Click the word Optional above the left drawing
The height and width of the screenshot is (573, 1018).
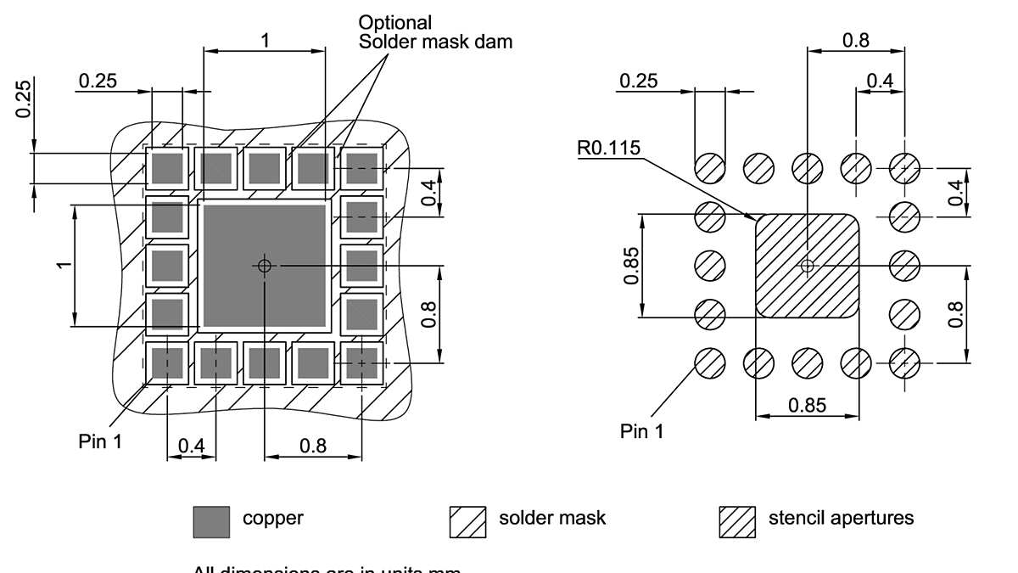395,23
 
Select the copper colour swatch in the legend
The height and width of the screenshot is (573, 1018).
211,522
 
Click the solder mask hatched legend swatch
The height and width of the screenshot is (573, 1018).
467,522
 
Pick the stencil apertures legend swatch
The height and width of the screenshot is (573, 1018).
737,522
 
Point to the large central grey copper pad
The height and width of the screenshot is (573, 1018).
265,266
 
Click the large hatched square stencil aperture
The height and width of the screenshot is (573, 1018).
807,266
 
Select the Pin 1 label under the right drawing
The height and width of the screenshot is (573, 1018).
642,432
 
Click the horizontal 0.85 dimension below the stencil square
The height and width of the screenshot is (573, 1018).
807,405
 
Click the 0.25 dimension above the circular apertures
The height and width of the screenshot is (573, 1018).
638,81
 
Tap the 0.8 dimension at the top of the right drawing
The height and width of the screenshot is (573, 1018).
855,40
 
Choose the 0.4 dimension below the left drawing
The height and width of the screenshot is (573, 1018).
192,446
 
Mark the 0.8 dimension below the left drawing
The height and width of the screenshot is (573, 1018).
313,446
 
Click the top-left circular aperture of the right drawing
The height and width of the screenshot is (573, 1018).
710,168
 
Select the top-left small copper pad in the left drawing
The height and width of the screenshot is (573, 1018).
167,168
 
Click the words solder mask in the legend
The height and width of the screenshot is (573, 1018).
552,518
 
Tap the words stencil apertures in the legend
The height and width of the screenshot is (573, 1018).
841,518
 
